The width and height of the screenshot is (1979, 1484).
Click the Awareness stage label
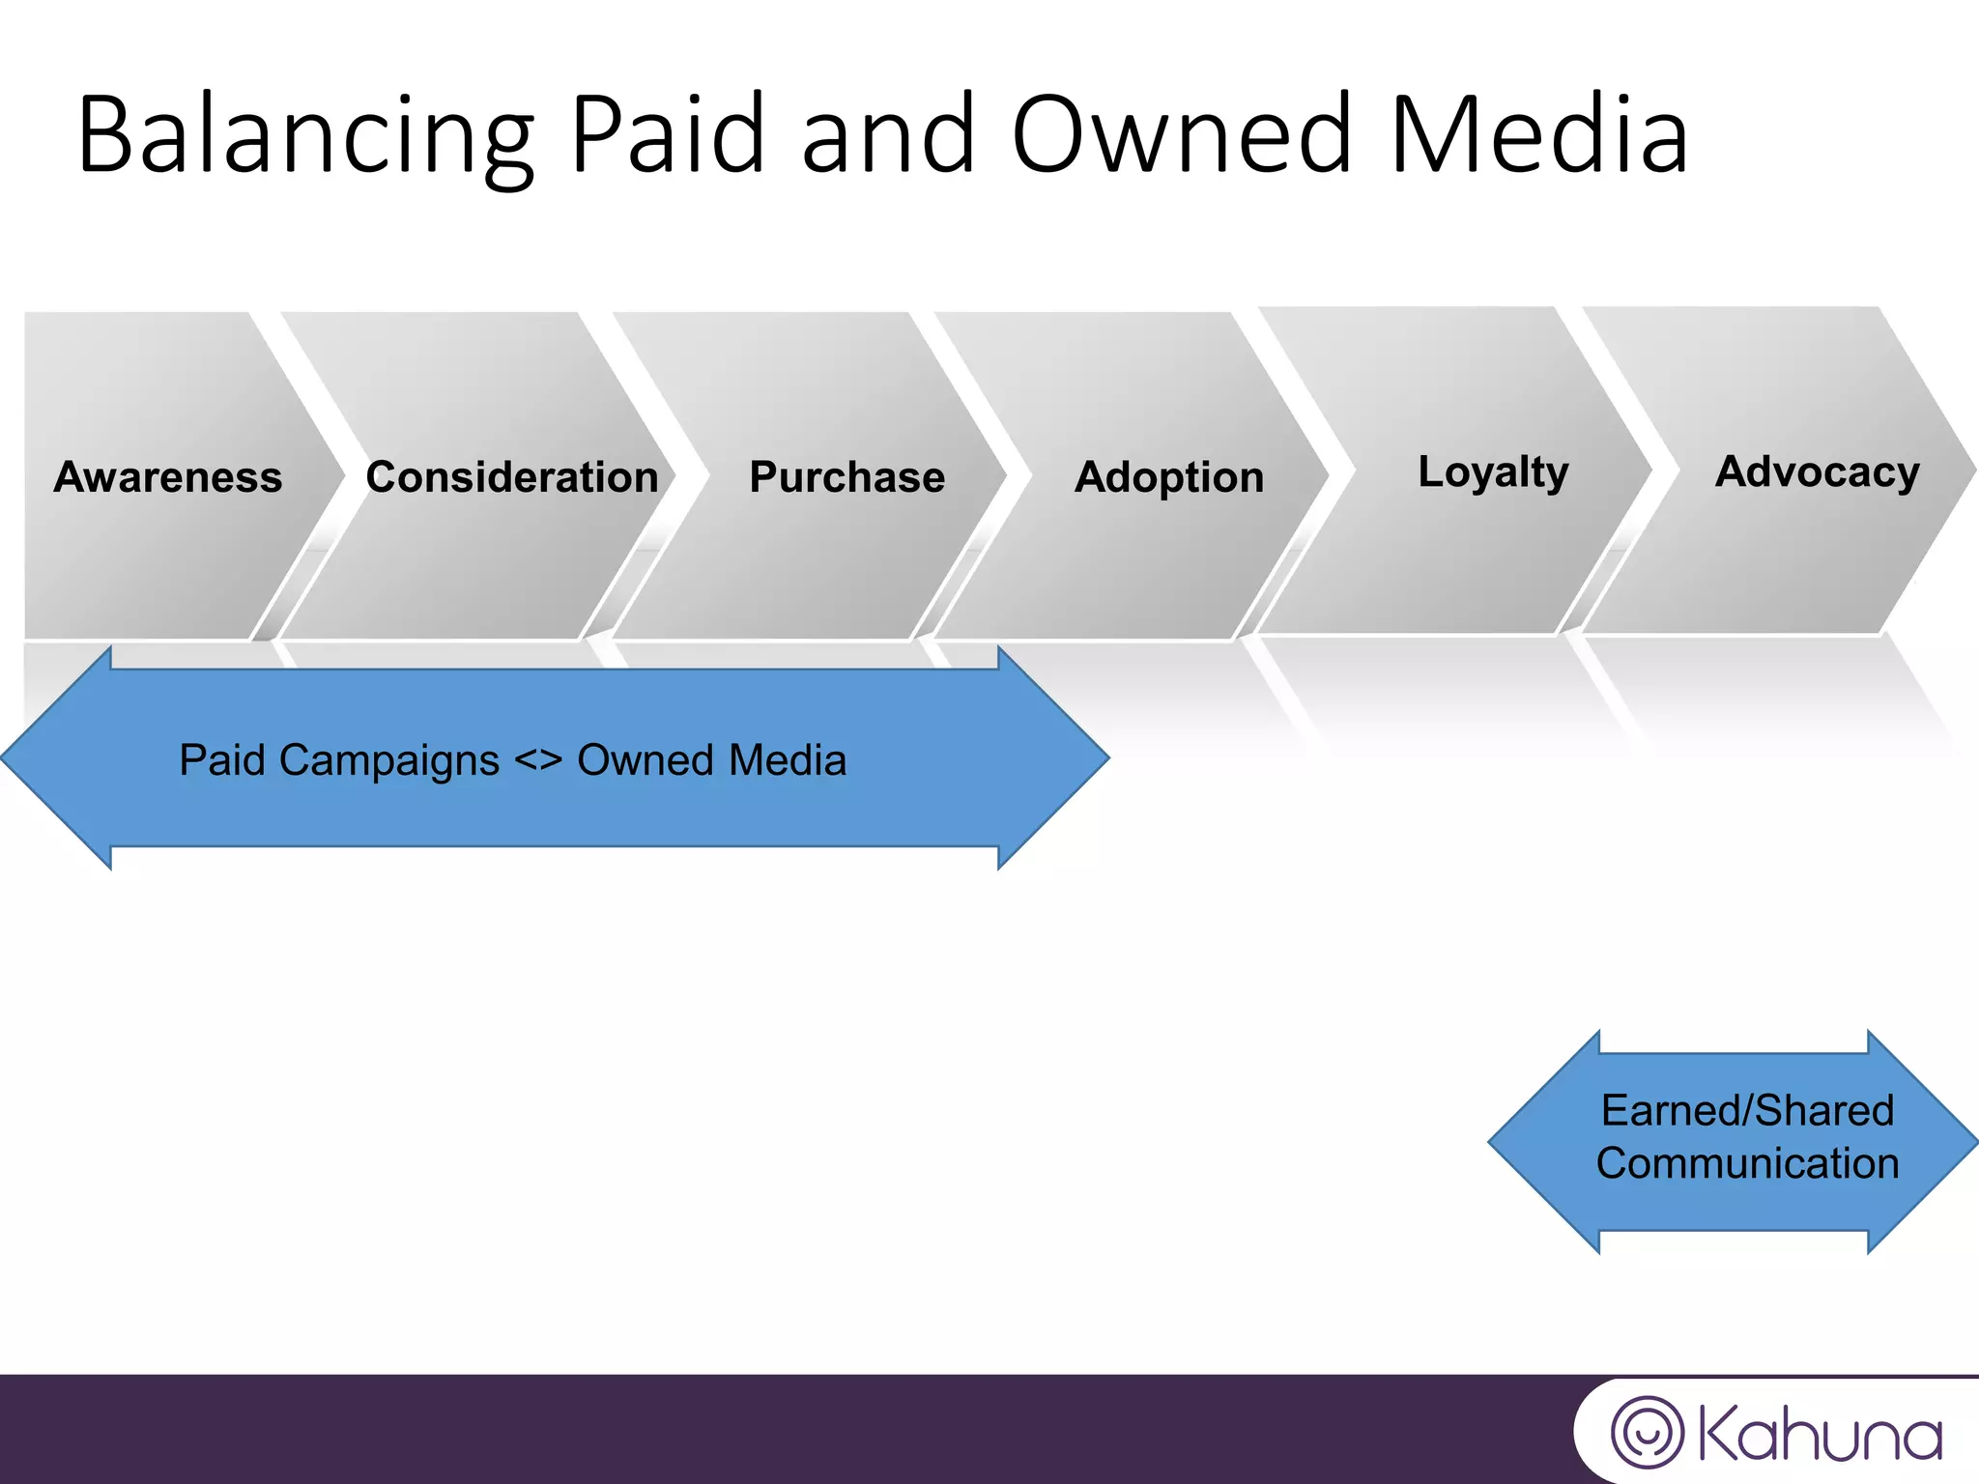[168, 477]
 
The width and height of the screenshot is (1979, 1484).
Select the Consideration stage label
[512, 477]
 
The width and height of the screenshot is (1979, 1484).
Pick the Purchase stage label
[846, 477]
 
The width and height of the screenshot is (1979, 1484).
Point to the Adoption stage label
[1169, 477]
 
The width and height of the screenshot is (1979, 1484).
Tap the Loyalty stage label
[1493, 472]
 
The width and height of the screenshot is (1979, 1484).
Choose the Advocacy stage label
[1817, 472]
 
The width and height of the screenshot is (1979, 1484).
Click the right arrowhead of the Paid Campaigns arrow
[1053, 758]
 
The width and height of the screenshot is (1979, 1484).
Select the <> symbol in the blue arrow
[537, 760]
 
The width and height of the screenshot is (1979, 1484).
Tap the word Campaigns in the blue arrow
[388, 760]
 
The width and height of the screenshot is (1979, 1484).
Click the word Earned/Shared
[1747, 1110]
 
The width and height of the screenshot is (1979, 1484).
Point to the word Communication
[1747, 1163]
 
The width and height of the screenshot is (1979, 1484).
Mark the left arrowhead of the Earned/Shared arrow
[1541, 1142]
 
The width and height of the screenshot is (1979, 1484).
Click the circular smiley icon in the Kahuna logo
[1647, 1433]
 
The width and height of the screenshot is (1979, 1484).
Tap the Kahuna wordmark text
[1819, 1435]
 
